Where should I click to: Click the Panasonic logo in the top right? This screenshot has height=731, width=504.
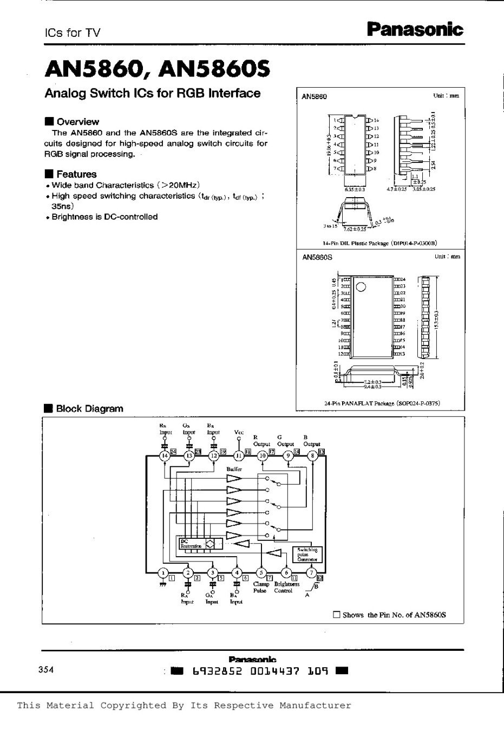[415, 29]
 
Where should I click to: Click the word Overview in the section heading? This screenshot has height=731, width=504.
[77, 122]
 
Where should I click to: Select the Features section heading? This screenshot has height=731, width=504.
[76, 174]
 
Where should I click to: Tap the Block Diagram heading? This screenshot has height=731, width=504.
[89, 409]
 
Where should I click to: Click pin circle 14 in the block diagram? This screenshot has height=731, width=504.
[164, 456]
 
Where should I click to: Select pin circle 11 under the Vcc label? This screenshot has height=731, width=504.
[239, 456]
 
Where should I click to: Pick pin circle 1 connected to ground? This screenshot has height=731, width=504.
[162, 573]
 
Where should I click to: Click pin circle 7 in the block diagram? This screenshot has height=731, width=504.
[311, 573]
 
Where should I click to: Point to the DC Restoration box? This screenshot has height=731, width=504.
[191, 544]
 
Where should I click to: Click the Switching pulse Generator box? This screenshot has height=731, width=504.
[307, 554]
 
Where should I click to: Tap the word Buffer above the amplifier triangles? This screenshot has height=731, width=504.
[234, 469]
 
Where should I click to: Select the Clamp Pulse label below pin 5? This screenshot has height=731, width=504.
[261, 588]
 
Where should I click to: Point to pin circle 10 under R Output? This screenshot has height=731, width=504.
[263, 456]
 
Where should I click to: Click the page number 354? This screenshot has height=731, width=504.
[46, 670]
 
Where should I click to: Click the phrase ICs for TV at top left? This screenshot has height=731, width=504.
[72, 32]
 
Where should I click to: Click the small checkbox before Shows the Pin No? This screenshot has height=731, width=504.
[336, 615]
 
